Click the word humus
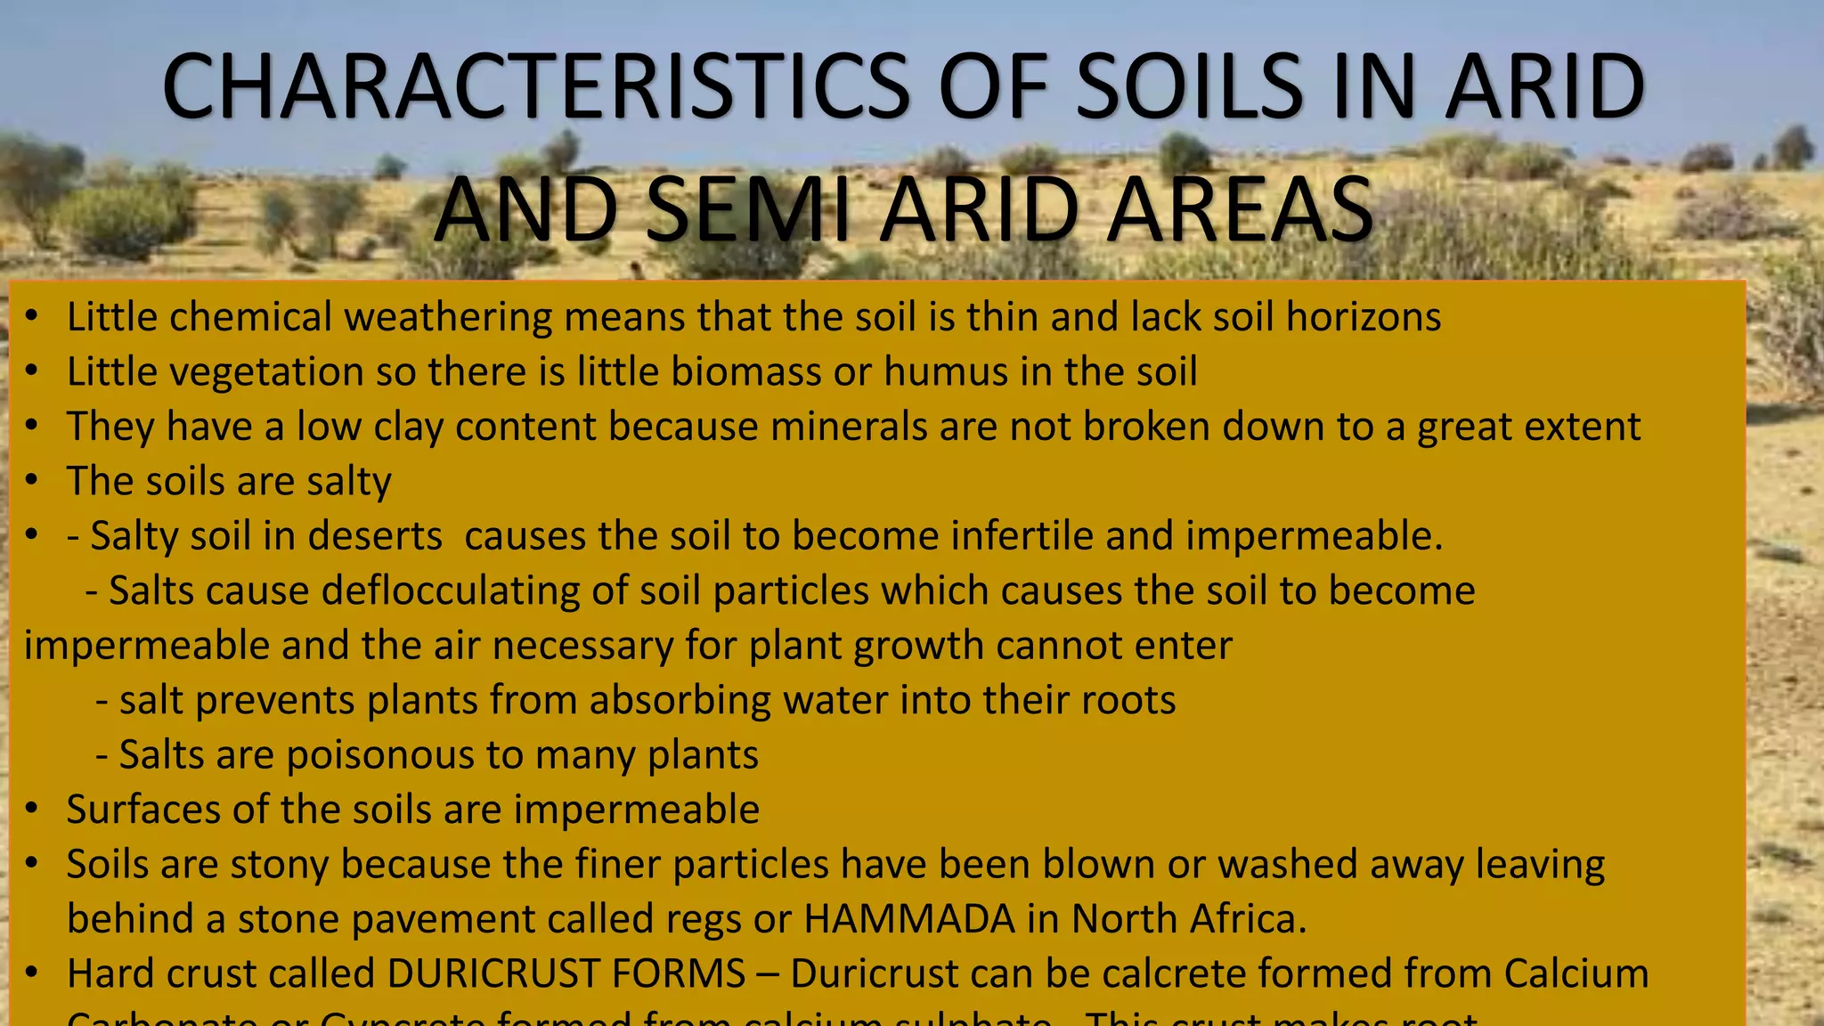(946, 371)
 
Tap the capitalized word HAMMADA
(909, 919)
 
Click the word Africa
(1256, 919)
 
